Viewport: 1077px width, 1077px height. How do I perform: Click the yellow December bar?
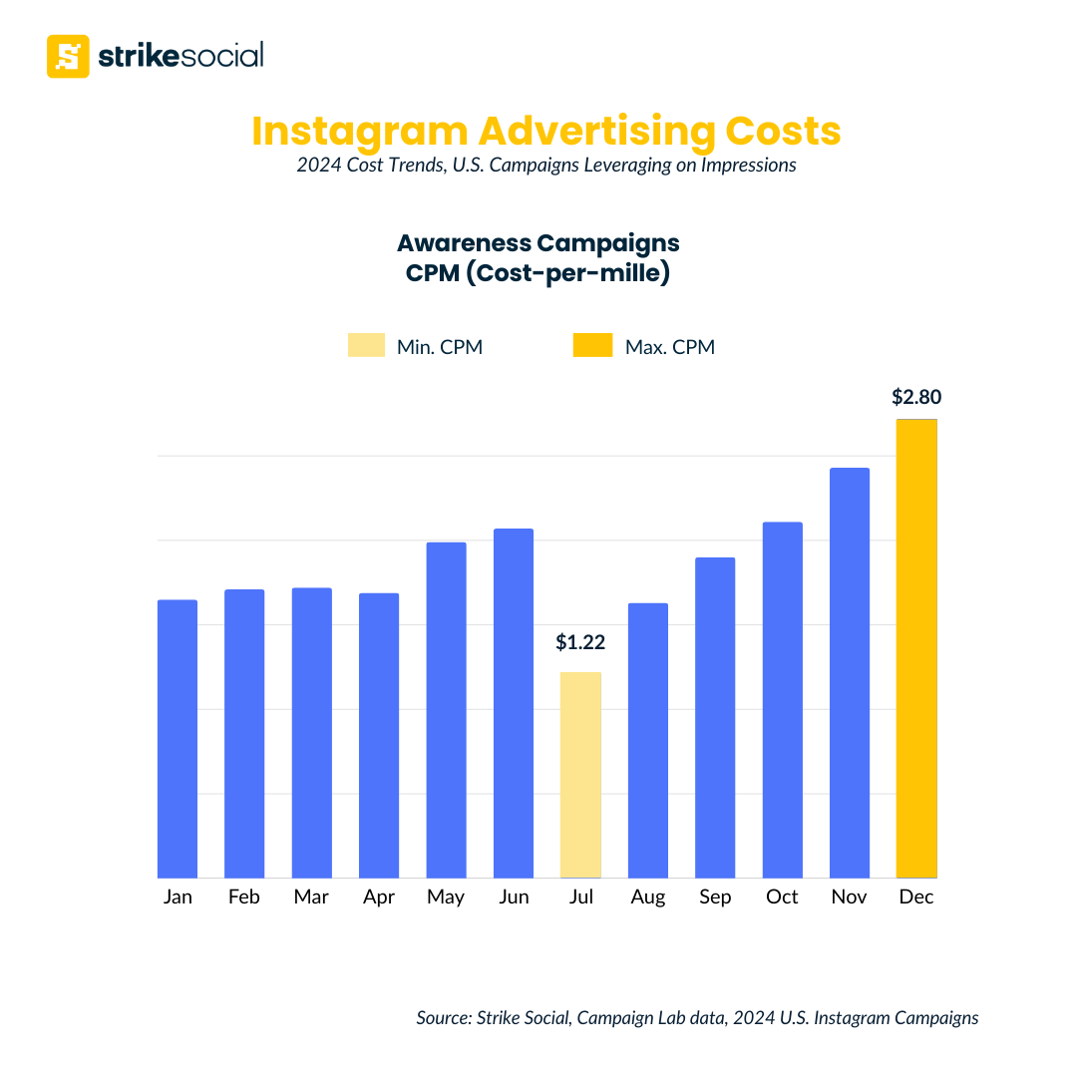click(x=916, y=648)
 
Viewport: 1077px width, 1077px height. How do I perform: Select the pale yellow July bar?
click(x=580, y=775)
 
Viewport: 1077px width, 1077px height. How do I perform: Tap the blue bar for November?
click(x=850, y=673)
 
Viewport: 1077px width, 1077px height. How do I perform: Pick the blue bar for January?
click(x=178, y=738)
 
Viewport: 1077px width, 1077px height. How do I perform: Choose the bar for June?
click(x=514, y=703)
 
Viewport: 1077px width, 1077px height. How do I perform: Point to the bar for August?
click(x=648, y=740)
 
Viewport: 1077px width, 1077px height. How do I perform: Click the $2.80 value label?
click(x=916, y=397)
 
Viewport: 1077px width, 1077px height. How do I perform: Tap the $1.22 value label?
click(x=580, y=643)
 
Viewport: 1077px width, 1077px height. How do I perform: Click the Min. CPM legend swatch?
click(x=366, y=346)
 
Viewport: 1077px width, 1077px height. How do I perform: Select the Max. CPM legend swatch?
click(x=592, y=346)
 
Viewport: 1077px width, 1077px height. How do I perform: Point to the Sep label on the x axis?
click(x=715, y=897)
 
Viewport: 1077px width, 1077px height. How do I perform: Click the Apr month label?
click(x=379, y=897)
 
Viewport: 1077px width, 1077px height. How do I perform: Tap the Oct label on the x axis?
click(x=782, y=897)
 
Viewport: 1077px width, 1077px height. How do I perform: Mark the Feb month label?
click(x=244, y=897)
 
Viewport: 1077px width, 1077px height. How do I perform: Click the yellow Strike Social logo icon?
click(x=68, y=56)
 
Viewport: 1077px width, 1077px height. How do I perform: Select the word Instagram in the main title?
click(x=357, y=132)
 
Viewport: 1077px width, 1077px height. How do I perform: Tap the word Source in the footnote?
click(x=444, y=1018)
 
